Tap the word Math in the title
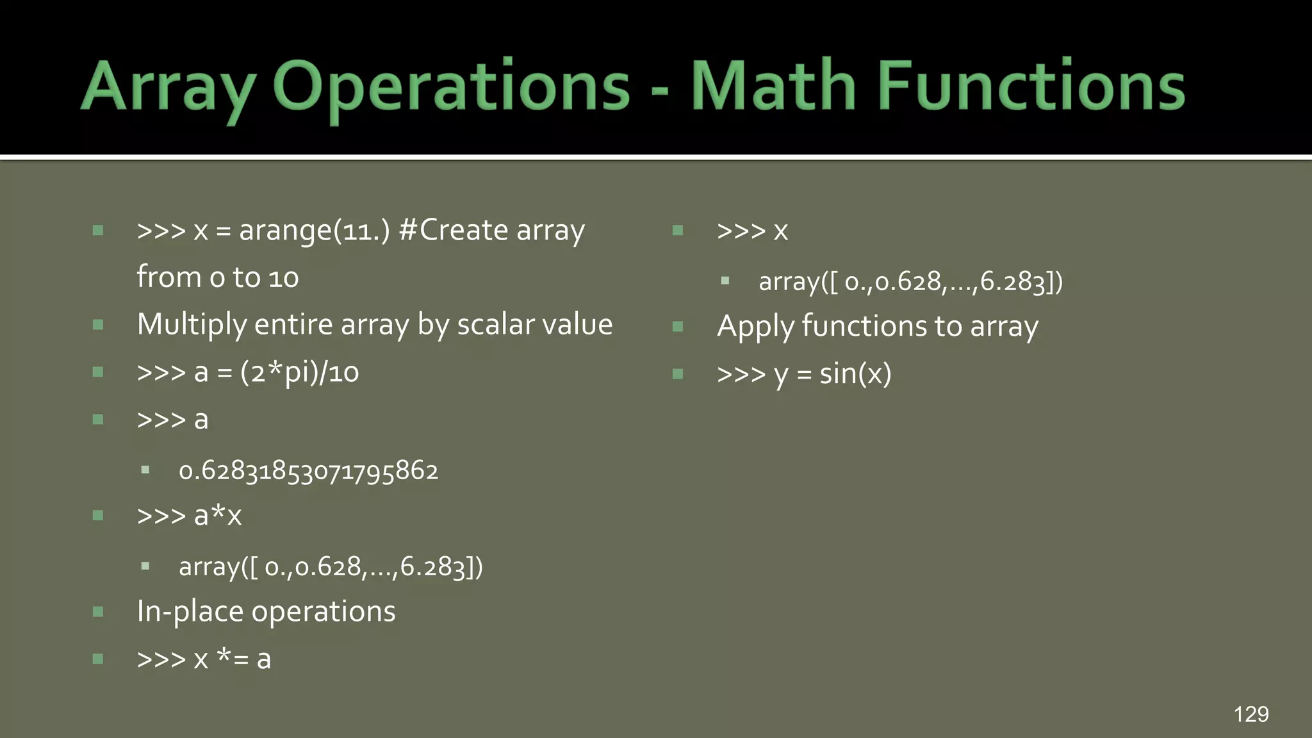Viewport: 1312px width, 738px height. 773,86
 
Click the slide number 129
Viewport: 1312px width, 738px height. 1250,714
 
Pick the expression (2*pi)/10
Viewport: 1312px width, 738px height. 299,372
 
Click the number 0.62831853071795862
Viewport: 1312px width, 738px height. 308,471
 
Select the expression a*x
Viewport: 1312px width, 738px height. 218,516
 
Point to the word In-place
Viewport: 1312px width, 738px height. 190,612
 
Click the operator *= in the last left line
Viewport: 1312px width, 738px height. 233,658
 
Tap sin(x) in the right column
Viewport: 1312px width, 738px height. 855,374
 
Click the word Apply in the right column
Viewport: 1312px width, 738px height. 755,327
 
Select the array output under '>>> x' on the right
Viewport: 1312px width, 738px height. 910,282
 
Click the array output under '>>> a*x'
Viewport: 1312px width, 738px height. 331,567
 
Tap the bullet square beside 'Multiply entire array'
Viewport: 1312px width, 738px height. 98,325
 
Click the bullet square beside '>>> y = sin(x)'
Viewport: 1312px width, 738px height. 678,374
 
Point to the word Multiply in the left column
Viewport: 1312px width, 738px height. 191,325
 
